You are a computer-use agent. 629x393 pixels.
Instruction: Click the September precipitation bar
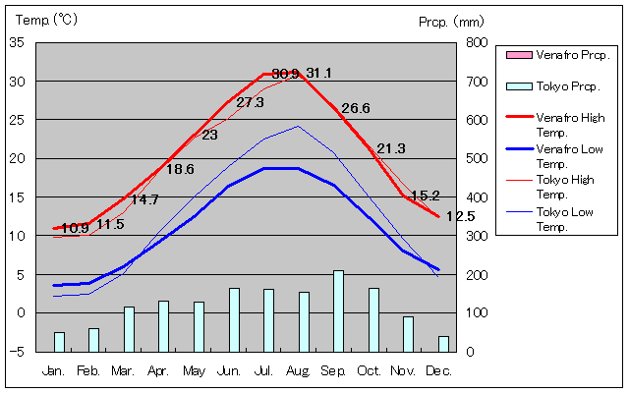(338, 310)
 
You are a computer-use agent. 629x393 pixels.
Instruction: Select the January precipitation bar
(59, 341)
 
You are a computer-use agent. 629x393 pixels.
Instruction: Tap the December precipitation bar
(443, 343)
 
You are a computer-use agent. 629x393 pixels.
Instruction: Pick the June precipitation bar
(234, 319)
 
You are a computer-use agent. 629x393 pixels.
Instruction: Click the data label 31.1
(318, 74)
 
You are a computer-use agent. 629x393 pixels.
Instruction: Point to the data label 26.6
(355, 108)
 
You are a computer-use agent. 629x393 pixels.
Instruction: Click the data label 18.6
(180, 169)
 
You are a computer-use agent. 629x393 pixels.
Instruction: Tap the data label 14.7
(144, 199)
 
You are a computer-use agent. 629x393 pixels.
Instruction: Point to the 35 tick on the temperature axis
(17, 42)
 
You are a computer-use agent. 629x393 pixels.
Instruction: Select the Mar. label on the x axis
(123, 371)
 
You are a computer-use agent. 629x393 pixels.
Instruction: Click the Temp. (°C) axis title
(44, 19)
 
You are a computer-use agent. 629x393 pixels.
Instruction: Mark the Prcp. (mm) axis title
(451, 21)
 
